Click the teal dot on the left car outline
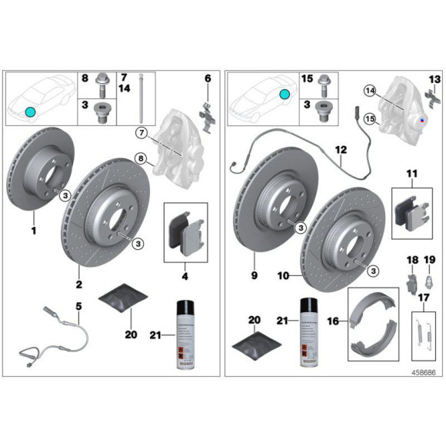point(31,111)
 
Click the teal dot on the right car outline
point(285,94)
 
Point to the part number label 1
point(33,230)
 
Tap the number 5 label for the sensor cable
point(78,307)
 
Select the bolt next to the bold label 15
point(322,79)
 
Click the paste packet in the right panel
point(254,344)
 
